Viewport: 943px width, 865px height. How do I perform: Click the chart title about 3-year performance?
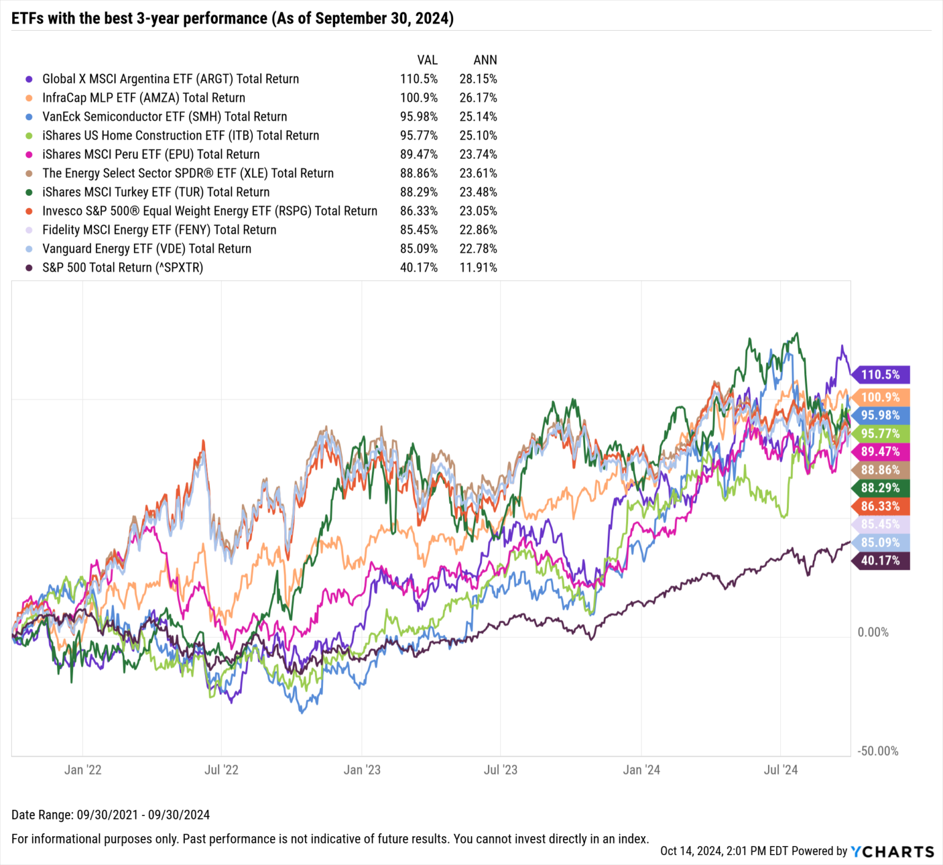pos(232,18)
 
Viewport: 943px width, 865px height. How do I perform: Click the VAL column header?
pos(427,60)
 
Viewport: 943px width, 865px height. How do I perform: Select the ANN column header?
pos(485,60)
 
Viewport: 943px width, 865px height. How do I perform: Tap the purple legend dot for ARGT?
pos(29,79)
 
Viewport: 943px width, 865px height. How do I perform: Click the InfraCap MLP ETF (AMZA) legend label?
pos(144,98)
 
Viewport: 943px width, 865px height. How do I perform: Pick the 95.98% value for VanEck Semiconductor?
pos(419,117)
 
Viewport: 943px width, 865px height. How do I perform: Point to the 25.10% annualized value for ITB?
pos(478,136)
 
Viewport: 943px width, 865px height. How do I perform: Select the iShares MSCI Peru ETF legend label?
pos(150,155)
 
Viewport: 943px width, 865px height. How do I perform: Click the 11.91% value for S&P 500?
pos(478,268)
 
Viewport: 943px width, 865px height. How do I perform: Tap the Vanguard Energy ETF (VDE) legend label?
pos(147,249)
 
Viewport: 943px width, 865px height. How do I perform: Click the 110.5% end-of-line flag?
pos(880,374)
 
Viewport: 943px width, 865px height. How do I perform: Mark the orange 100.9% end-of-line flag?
pos(880,397)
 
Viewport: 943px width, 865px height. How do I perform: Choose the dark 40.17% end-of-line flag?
pos(880,561)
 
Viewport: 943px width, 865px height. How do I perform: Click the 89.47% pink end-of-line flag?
pos(880,452)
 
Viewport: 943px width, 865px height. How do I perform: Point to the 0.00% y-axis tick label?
pos(872,632)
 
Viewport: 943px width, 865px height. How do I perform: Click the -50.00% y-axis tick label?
pos(877,751)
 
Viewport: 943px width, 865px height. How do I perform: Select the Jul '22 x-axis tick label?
pos(221,770)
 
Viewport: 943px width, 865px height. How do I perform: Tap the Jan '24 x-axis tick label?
pos(641,770)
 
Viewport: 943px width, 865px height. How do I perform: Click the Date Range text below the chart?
pos(111,815)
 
